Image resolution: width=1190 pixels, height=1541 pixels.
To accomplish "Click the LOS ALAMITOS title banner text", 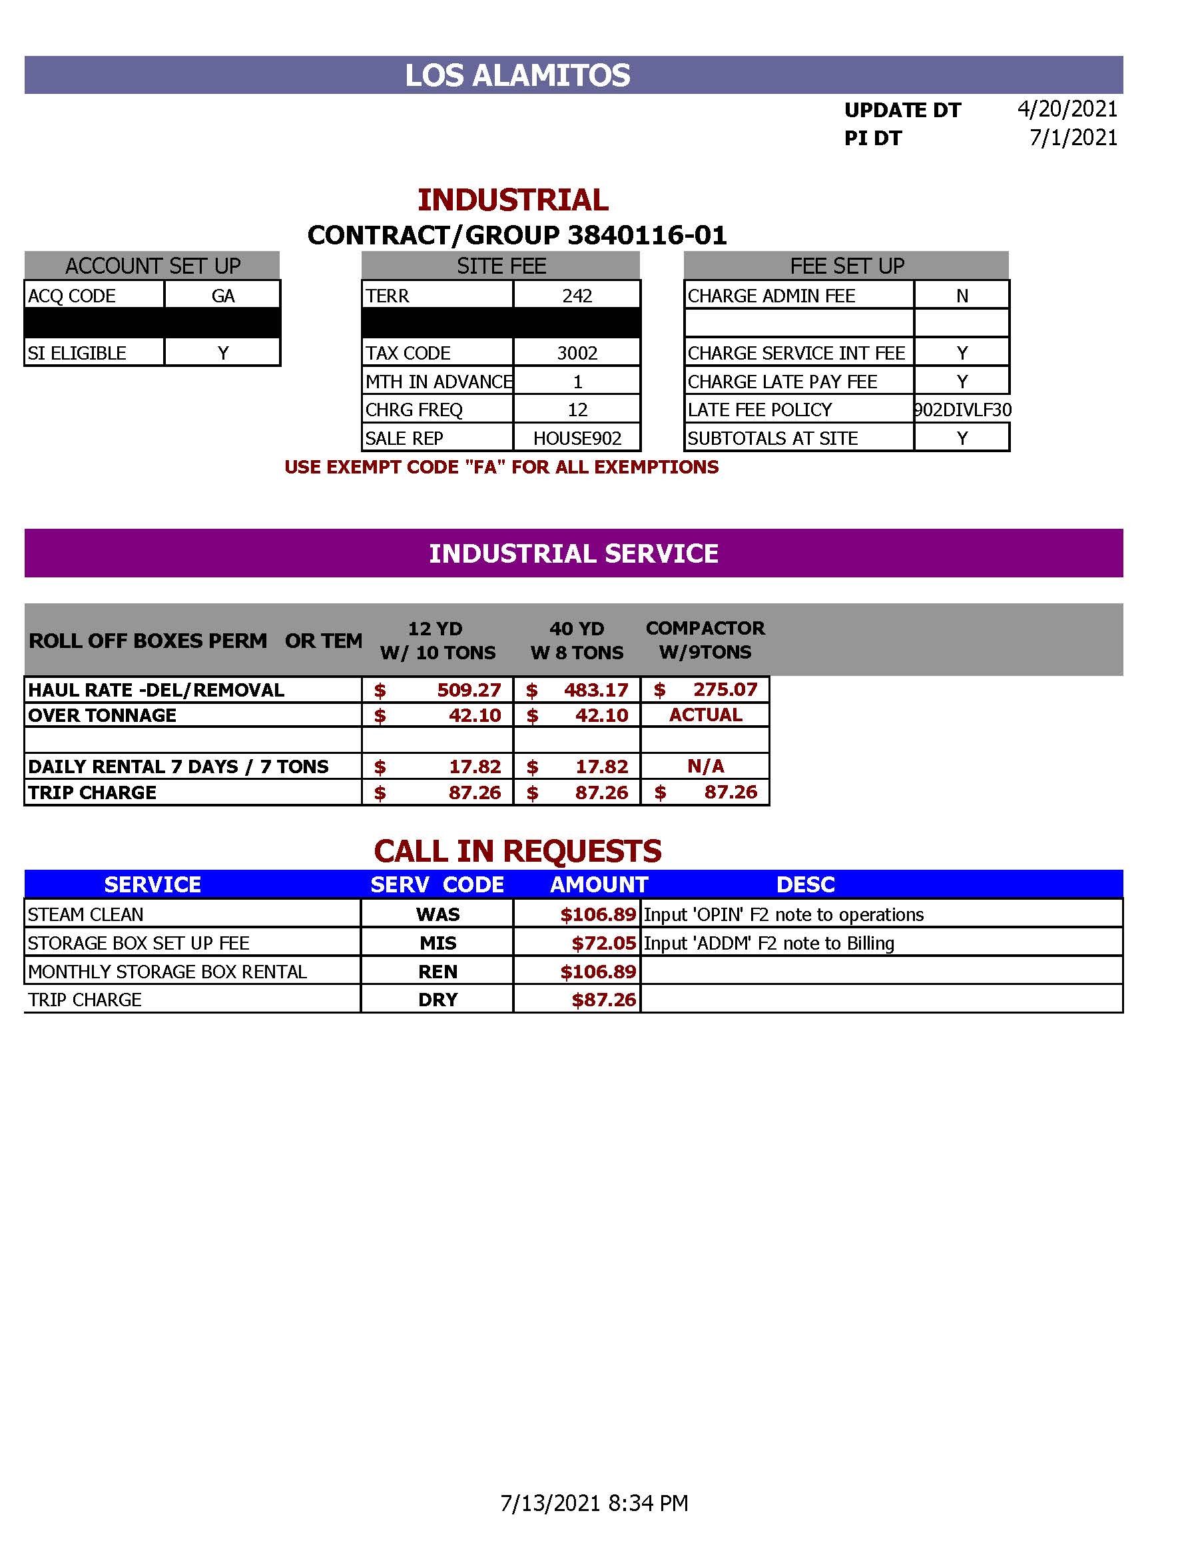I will (x=517, y=75).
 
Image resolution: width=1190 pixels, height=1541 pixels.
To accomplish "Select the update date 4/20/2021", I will (x=1067, y=109).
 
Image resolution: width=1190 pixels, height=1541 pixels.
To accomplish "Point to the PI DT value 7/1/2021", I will (x=1073, y=138).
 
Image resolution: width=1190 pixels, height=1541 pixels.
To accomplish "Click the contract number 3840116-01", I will (x=646, y=235).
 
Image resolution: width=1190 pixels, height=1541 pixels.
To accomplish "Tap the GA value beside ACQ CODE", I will (x=223, y=296).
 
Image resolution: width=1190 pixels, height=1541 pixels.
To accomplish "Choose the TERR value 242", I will (x=577, y=296).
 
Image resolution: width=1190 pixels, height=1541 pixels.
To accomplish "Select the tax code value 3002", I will (x=577, y=353).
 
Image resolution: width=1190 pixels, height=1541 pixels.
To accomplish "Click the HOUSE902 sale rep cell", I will (x=577, y=438).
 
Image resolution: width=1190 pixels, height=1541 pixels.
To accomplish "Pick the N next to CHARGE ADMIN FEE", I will (x=962, y=296).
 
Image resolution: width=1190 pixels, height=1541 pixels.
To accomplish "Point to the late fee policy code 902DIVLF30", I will (x=962, y=410).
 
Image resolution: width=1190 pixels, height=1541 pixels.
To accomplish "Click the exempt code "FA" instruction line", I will (x=501, y=467).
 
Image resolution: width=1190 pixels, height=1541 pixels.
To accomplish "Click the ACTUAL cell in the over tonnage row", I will (x=705, y=715).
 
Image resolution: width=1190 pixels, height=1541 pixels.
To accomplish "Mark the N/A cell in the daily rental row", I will (x=705, y=767).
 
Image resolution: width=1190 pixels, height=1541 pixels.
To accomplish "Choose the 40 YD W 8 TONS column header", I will (x=576, y=640).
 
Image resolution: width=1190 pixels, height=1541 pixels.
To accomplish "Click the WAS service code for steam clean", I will (x=438, y=914).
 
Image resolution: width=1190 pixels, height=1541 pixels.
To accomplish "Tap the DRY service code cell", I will (x=438, y=1000).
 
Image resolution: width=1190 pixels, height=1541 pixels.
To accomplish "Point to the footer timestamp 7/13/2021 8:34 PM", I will (x=594, y=1503).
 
